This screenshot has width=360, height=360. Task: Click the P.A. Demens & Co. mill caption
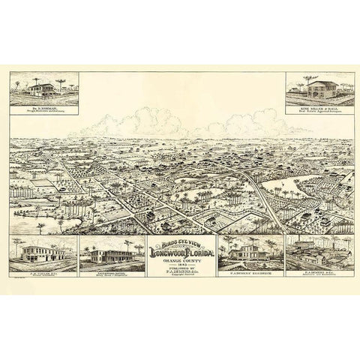(320, 275)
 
